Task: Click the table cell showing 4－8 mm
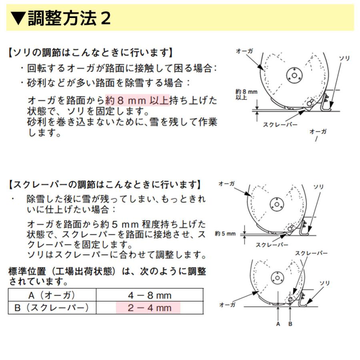point(149,296)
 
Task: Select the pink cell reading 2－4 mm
point(148,308)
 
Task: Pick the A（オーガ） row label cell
point(52,296)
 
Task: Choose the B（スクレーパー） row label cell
point(52,308)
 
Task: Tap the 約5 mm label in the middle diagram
point(225,234)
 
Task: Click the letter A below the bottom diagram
point(278,324)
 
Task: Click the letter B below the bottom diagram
point(290,324)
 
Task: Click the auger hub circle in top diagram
point(294,75)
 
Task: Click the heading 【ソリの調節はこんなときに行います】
point(91,52)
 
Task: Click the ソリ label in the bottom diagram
point(325,284)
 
